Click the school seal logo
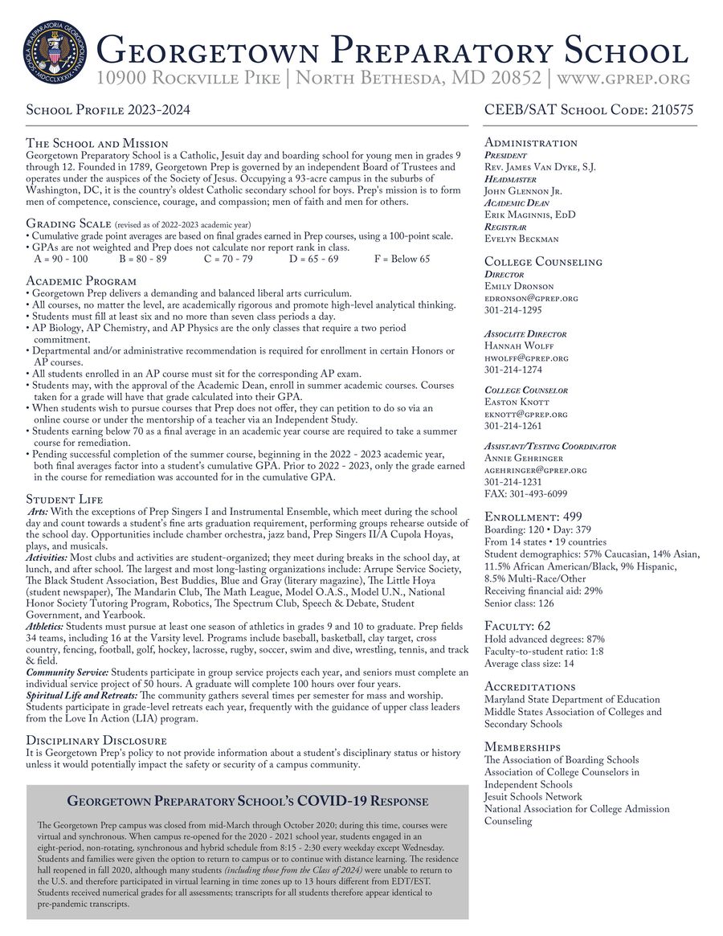(57, 55)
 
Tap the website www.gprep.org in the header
(624, 79)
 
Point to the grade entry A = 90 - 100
(61, 260)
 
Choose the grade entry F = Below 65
(402, 260)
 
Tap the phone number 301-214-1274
(513, 370)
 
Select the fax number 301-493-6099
(527, 493)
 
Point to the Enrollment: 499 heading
(533, 516)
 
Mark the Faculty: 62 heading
(517, 625)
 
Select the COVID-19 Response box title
(247, 801)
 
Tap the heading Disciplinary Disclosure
(96, 740)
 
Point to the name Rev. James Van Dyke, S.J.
(540, 166)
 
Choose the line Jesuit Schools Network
(533, 796)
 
